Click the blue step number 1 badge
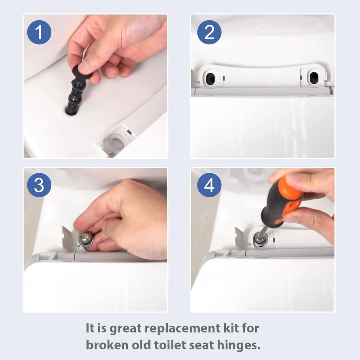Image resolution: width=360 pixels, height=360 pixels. [39, 32]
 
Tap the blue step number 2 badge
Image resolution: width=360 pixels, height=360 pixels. [209, 32]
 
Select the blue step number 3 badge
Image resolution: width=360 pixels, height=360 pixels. [39, 185]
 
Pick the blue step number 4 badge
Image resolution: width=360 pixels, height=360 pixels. [209, 185]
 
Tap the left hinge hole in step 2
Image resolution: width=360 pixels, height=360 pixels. [210, 79]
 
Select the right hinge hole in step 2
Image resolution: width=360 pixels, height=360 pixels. [313, 78]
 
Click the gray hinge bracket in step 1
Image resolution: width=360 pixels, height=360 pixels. [118, 141]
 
